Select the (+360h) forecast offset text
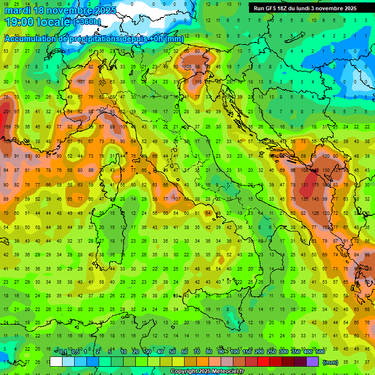tap(87, 22)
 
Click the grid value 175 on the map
tap(315, 185)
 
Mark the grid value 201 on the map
tap(6, 112)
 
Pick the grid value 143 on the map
tap(315, 199)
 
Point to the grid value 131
tap(304, 185)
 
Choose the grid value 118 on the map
tap(198, 82)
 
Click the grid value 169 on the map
tap(7, 127)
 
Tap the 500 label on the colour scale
tap(320, 352)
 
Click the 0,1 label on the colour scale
tap(62, 352)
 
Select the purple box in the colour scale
tap(312, 362)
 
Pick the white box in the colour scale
tap(56, 362)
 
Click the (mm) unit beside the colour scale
tap(331, 362)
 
